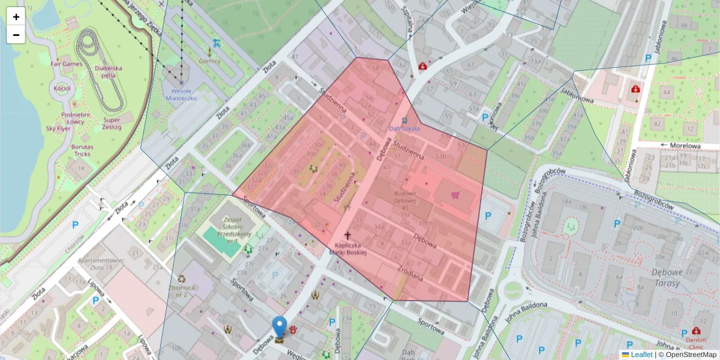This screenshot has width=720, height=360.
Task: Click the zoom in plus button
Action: pyautogui.click(x=16, y=17)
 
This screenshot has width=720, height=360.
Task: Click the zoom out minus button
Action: pyautogui.click(x=16, y=35)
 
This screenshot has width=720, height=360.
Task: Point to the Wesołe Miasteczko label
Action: pyautogui.click(x=181, y=94)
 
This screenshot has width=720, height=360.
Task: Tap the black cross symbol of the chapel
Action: pyautogui.click(x=347, y=236)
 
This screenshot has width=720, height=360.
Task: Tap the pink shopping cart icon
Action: pyautogui.click(x=455, y=194)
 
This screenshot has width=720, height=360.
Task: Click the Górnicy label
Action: pyautogui.click(x=209, y=61)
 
